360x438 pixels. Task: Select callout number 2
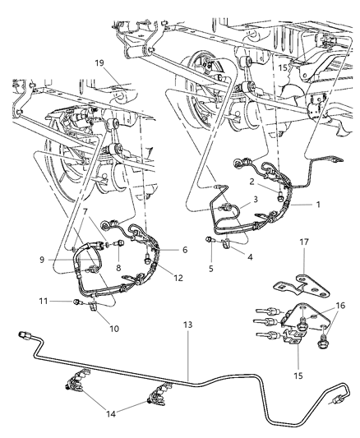[x=252, y=182]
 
